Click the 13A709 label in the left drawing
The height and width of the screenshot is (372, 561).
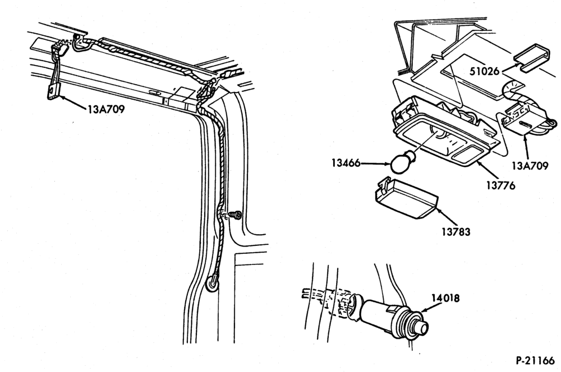click(x=106, y=109)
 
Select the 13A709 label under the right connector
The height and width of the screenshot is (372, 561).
click(x=530, y=166)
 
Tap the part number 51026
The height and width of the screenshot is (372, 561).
click(x=484, y=71)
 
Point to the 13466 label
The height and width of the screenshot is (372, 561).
click(x=346, y=163)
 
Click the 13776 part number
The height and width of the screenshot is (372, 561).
click(x=500, y=185)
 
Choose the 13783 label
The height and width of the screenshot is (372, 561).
click(x=456, y=232)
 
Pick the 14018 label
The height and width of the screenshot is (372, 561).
click(x=445, y=298)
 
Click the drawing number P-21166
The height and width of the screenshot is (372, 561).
click(x=535, y=361)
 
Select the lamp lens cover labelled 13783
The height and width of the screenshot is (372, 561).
click(x=406, y=198)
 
